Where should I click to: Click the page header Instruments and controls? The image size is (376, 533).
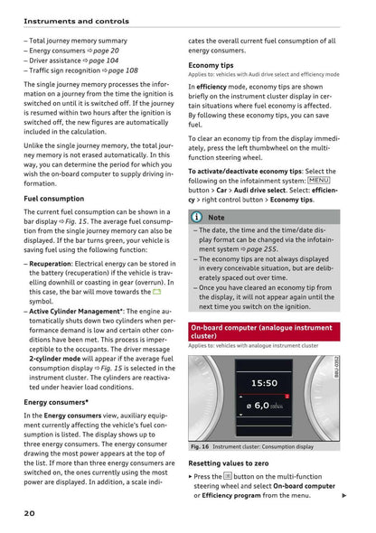[76, 21]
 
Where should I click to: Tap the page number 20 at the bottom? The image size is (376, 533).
[30, 512]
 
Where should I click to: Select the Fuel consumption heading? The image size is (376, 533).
[53, 198]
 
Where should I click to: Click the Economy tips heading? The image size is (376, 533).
[211, 66]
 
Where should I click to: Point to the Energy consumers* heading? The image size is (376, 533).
[56, 401]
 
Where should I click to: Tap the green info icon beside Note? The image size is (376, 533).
[196, 217]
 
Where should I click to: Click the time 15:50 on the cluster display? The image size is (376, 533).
[264, 383]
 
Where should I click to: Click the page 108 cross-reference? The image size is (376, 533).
[119, 70]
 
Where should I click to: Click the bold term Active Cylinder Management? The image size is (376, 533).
[81, 310]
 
